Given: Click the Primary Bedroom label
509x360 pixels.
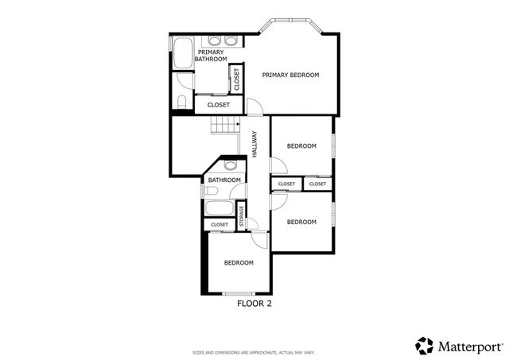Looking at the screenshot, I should pyautogui.click(x=290, y=75).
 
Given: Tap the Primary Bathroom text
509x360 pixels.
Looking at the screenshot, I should pyautogui.click(x=212, y=56).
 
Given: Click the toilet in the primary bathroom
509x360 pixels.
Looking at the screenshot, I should pyautogui.click(x=181, y=102).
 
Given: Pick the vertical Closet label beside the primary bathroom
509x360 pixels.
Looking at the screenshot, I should pyautogui.click(x=236, y=78).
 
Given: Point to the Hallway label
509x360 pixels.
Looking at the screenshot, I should pyautogui.click(x=254, y=143).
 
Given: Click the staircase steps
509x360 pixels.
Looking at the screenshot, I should pyautogui.click(x=224, y=125).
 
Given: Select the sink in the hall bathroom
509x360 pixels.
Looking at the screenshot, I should pyautogui.click(x=230, y=166).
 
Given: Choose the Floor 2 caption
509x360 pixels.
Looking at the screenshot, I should pyautogui.click(x=254, y=303).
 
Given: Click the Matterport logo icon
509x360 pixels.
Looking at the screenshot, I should pyautogui.click(x=425, y=346).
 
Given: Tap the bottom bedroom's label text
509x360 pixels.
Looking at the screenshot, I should pyautogui.click(x=238, y=263).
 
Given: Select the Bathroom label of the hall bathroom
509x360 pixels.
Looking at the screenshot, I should pyautogui.click(x=223, y=180).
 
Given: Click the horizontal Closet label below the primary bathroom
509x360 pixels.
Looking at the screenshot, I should pyautogui.click(x=218, y=105).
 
